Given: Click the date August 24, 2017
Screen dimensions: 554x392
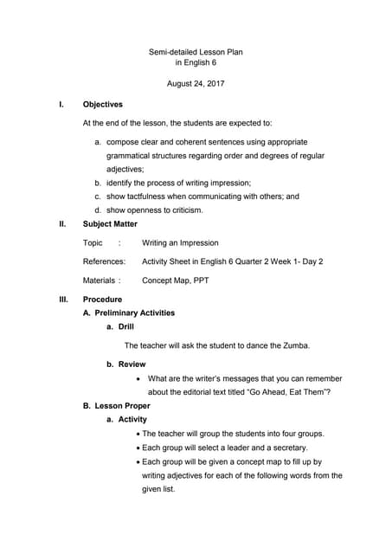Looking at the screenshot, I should [196, 84].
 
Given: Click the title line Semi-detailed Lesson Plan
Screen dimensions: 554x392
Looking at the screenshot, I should [196, 52].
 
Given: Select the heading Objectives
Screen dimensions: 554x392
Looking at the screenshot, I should [102, 105].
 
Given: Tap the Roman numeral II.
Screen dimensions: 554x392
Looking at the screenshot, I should [62, 223].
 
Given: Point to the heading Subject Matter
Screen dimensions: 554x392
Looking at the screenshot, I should [110, 223].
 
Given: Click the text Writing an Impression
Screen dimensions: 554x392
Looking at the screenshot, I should [180, 242].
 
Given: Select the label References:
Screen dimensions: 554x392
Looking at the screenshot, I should [104, 261].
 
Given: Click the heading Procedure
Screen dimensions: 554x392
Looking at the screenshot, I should [102, 300].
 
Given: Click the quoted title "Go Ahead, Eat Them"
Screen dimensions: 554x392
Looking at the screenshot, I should [284, 392].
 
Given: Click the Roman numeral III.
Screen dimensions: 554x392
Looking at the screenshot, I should [63, 300].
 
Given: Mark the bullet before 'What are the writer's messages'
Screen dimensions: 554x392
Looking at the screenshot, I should [140, 378].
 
